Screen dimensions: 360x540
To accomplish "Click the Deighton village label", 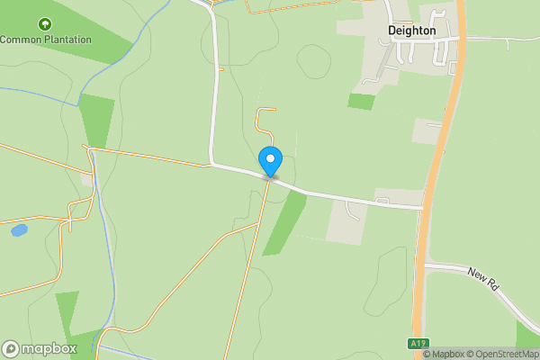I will pos(411,31).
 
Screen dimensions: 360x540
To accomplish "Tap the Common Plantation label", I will pos(46,40).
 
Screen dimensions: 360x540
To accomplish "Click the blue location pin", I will pos(270,160).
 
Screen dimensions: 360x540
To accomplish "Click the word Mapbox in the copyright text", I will pos(446,354).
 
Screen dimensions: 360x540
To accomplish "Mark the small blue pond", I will pos(19,230).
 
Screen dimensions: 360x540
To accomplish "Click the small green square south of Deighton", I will pos(361,102).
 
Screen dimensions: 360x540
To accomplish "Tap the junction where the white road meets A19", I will pos(422,207).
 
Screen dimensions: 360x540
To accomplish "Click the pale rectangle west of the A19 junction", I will pos(348,221).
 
